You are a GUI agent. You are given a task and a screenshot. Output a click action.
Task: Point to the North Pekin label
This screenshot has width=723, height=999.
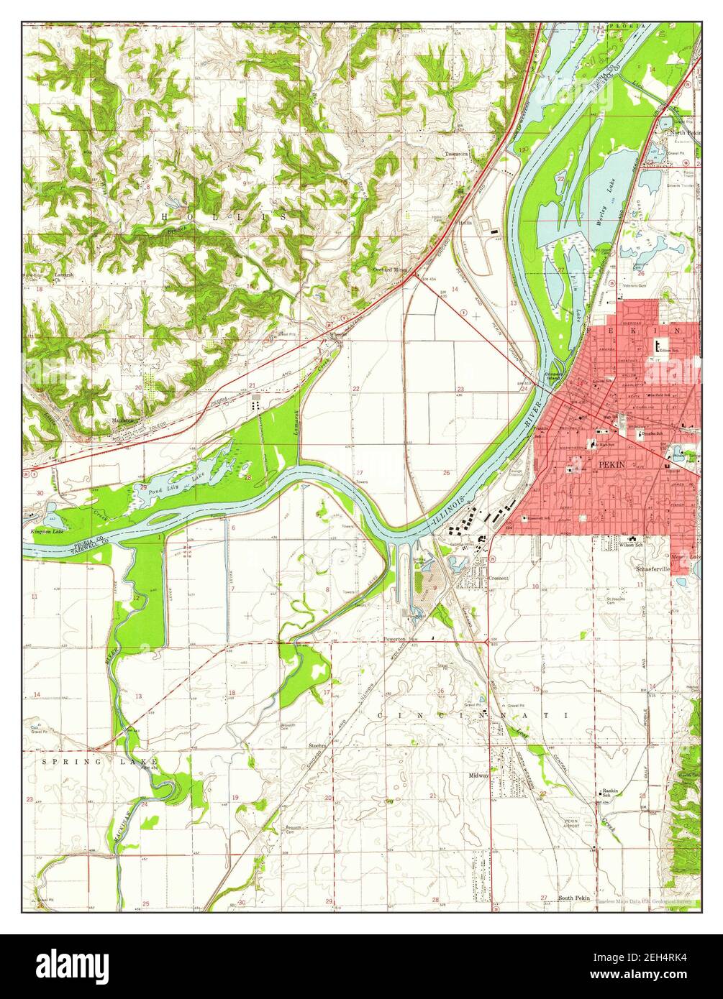[x=684, y=133]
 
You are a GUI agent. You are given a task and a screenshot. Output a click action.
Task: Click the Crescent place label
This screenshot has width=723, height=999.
[x=499, y=578]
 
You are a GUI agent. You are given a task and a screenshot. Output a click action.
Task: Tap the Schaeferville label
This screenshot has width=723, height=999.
[x=652, y=568]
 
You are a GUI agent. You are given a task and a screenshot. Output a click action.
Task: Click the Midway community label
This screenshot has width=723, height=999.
[x=478, y=775]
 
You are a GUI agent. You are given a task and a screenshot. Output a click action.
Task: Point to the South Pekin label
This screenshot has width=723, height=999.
[x=574, y=899]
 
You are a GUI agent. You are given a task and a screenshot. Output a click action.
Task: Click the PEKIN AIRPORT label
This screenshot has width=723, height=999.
[x=570, y=824]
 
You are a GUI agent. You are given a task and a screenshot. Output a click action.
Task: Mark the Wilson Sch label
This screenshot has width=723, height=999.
[x=631, y=545]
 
